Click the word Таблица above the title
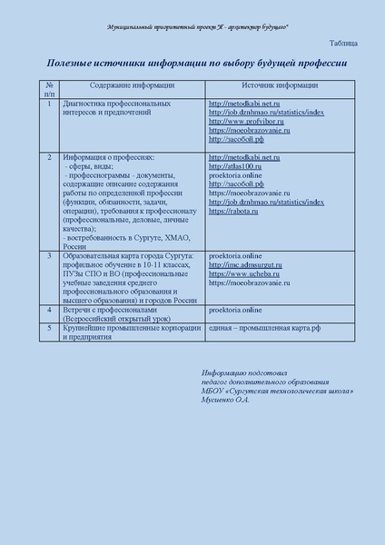pos(342,43)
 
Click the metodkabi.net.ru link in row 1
pos(244,104)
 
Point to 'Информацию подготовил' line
pos(244,373)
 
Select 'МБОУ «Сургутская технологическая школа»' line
pos(277,391)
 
